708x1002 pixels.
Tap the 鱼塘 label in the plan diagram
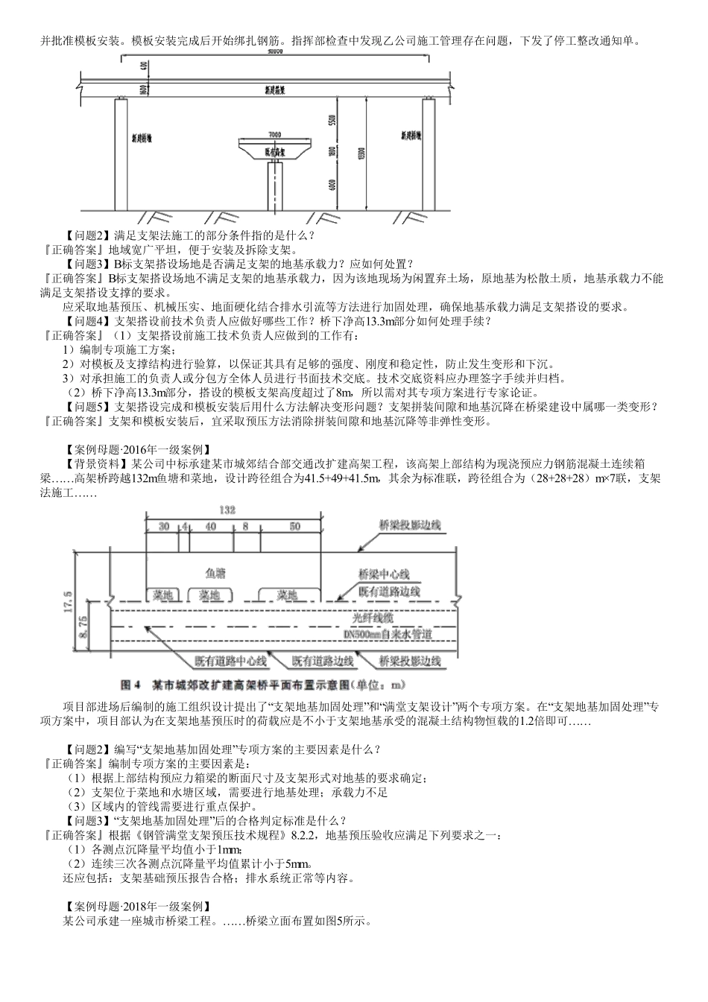(x=215, y=573)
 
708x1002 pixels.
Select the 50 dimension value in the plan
(x=295, y=526)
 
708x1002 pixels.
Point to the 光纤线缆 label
(x=377, y=618)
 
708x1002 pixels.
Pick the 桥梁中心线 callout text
(x=383, y=574)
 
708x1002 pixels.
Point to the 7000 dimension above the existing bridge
(x=274, y=135)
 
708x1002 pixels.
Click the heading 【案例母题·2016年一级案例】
(x=138, y=449)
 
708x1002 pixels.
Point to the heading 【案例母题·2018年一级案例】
(x=138, y=907)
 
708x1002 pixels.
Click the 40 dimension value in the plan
(x=210, y=526)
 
